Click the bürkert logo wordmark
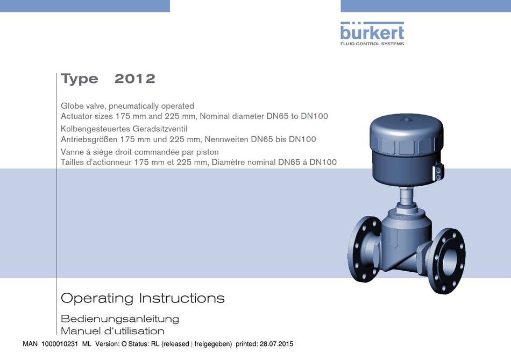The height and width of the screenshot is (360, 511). click(372, 31)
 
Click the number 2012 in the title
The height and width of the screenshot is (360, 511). click(135, 79)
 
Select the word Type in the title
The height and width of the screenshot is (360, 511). click(80, 79)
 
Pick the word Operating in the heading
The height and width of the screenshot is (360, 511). click(97, 298)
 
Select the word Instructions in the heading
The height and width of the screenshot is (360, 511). click(182, 298)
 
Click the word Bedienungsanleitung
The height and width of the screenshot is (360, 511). click(120, 319)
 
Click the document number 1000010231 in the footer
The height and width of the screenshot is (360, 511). click(60, 344)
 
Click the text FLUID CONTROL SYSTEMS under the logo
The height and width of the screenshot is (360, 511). click(372, 44)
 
